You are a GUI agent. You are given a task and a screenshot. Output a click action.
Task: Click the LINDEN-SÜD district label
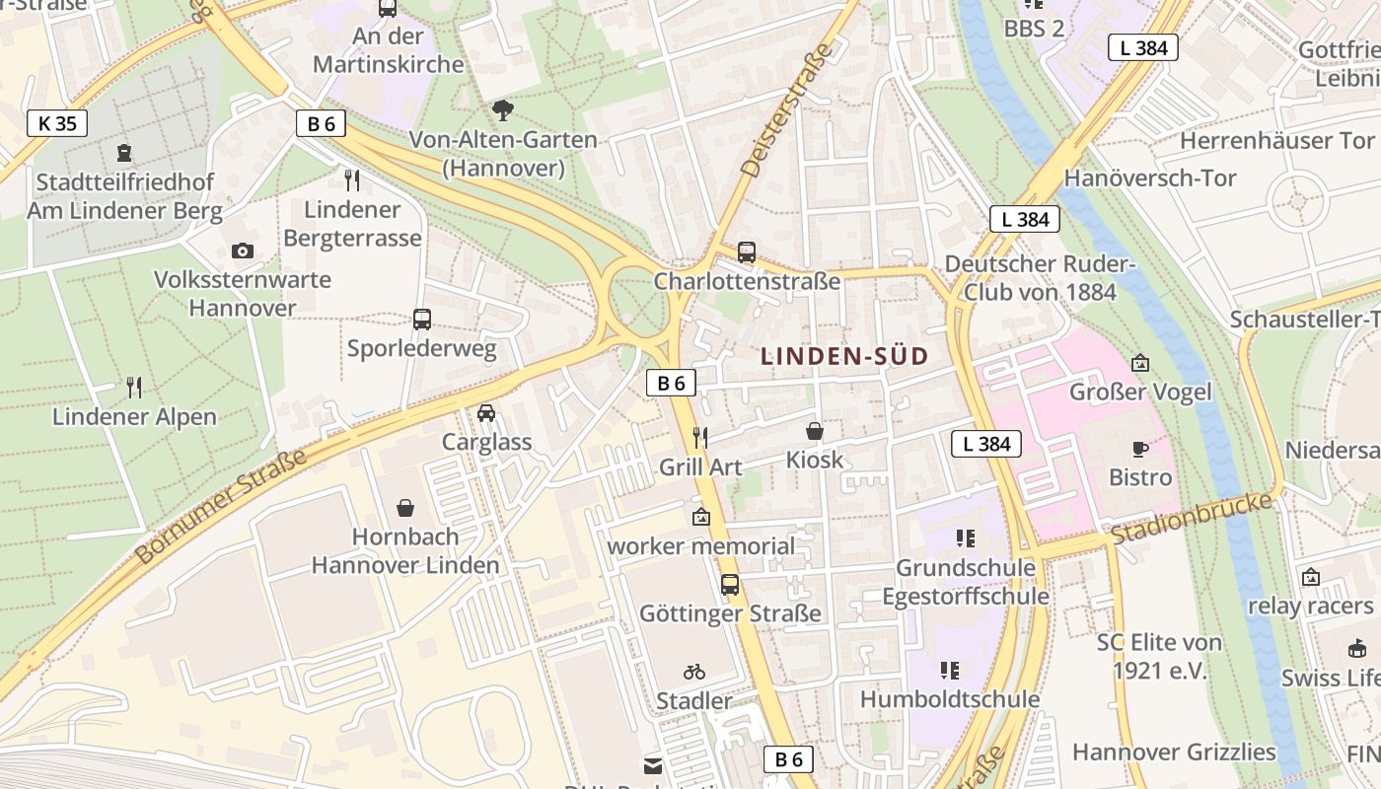[845, 356]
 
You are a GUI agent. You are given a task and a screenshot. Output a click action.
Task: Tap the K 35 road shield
[57, 123]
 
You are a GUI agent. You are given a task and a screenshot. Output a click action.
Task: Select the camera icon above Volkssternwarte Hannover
[243, 251]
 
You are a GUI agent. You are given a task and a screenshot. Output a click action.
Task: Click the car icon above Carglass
[486, 412]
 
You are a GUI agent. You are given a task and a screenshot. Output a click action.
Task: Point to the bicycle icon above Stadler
[694, 672]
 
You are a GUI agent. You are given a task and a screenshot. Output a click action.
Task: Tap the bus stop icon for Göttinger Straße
[730, 584]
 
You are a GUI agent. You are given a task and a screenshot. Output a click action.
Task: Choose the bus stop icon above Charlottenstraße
[747, 251]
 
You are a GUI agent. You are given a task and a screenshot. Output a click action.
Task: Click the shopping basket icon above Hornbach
[405, 508]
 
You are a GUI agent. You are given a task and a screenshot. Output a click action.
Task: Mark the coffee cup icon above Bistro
[1140, 449]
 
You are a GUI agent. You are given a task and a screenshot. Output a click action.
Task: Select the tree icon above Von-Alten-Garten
[503, 109]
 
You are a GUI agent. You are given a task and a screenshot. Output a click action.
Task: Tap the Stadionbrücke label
[1192, 519]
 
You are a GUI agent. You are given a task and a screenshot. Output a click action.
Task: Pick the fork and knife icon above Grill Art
[699, 437]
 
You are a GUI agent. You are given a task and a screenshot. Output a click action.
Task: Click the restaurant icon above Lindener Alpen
[134, 387]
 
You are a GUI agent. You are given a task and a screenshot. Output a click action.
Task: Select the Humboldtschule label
[950, 699]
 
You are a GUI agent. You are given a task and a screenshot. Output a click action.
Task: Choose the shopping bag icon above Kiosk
[815, 431]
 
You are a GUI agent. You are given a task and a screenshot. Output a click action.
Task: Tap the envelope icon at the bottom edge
[653, 765]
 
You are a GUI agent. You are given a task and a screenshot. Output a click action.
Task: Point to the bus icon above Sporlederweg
[422, 319]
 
